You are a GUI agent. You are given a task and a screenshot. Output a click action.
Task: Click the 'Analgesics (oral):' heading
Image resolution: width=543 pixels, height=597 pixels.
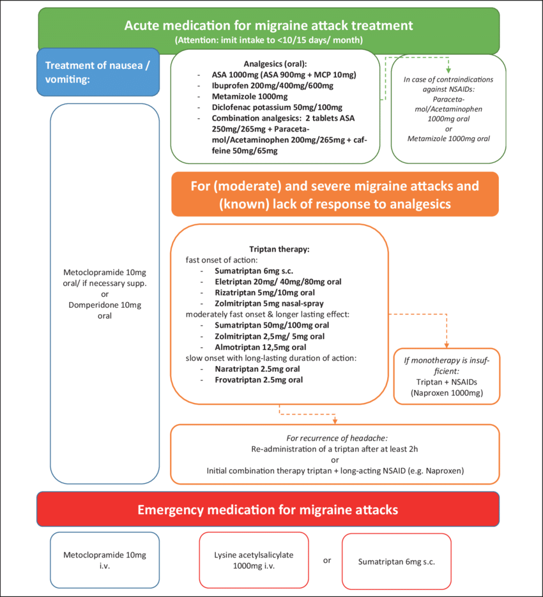coord(275,64)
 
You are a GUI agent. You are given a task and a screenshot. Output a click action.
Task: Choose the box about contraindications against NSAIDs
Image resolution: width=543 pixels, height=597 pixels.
coord(447,109)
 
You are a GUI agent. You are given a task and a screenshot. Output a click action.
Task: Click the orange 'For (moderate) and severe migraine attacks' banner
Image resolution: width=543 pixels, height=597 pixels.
coord(335,193)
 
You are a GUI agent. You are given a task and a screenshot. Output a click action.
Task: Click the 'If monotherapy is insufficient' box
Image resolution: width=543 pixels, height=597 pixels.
coord(447,376)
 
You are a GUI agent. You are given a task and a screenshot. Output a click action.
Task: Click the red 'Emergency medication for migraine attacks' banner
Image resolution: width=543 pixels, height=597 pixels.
coord(268,510)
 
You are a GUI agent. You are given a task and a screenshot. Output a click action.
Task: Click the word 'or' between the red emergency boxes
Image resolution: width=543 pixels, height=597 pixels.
coord(328,561)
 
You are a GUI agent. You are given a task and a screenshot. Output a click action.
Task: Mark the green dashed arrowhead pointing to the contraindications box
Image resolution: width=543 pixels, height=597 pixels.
coord(447,69)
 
